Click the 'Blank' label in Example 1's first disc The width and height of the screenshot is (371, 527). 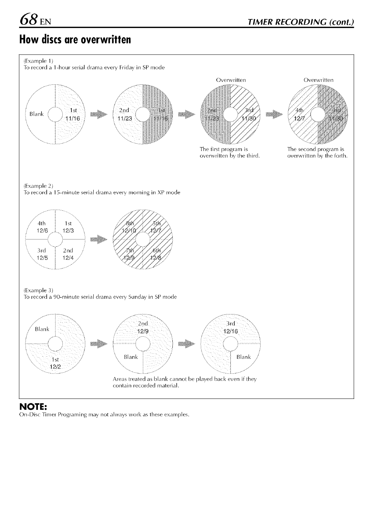tap(36, 114)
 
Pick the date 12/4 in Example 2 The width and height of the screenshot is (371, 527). tap(68, 257)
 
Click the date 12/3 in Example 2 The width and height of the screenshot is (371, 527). tap(68, 230)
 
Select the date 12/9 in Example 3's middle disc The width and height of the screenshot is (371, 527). tap(142, 331)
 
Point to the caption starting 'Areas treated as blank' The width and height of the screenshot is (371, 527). tap(185, 382)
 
